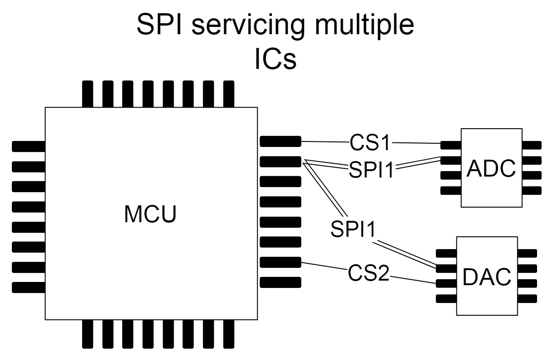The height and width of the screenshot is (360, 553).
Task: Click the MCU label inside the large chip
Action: click(150, 214)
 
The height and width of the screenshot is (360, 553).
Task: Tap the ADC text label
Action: click(491, 170)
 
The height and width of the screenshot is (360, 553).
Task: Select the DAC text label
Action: click(486, 277)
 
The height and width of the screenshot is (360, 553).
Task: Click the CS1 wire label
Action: click(371, 143)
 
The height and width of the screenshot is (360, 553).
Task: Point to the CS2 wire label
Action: click(369, 273)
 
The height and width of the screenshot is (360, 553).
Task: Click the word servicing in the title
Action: click(247, 27)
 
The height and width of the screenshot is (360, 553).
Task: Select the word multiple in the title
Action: click(361, 27)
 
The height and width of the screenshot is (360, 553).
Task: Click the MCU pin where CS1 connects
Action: click(280, 141)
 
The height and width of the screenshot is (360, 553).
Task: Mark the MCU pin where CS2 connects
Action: click(280, 262)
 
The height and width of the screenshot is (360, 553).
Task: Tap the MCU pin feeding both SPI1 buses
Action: click(280, 161)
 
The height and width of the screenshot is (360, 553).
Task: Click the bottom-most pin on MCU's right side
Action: click(280, 282)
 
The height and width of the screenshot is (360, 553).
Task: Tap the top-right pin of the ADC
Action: click(532, 145)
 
